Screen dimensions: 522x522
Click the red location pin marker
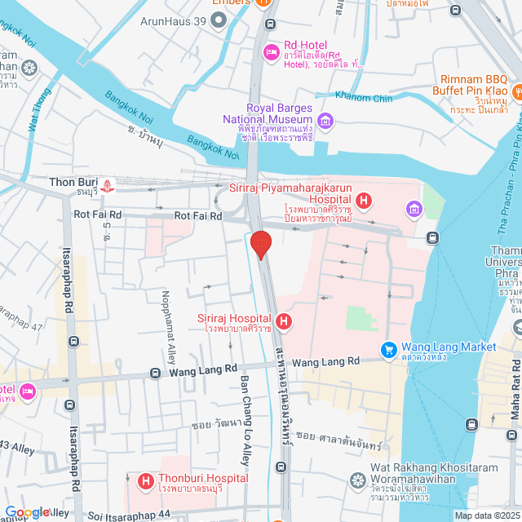[x=260, y=244]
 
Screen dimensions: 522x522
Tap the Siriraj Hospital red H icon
[x=284, y=321]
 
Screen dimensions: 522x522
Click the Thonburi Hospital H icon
[x=147, y=482]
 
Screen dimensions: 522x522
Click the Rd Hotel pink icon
[x=271, y=53]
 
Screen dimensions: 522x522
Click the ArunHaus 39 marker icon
[x=218, y=20]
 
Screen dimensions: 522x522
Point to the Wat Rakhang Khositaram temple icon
[x=356, y=480]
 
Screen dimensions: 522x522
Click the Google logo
[x=27, y=511]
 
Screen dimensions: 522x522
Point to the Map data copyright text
[x=486, y=515]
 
